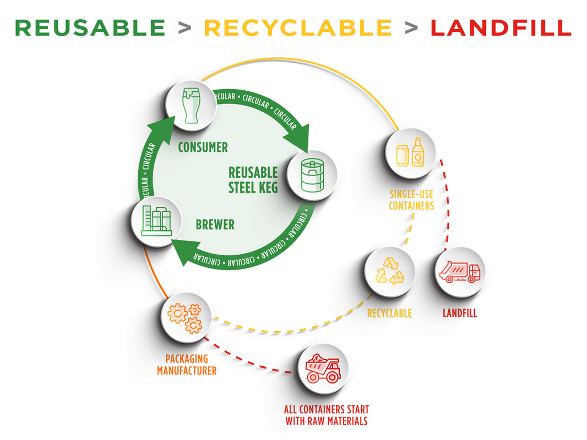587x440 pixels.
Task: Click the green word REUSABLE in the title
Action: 90,28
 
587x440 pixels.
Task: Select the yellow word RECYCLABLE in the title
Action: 298,28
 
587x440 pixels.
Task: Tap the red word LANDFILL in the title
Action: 501,28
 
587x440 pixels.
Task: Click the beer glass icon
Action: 191,106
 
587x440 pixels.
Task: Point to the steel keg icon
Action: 312,175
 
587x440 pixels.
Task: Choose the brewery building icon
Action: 156,221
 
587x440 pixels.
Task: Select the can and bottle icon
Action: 410,152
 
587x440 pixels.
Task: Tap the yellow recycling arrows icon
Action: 390,271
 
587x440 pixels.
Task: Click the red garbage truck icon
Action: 460,271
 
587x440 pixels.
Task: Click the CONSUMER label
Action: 203,147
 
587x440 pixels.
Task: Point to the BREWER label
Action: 215,224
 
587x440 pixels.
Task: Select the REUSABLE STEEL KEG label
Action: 253,180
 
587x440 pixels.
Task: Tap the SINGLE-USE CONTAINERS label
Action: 411,200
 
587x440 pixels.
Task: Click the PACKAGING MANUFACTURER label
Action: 187,365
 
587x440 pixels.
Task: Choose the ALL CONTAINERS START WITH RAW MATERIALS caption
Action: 327,415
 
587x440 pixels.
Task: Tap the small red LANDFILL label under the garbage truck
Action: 460,313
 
